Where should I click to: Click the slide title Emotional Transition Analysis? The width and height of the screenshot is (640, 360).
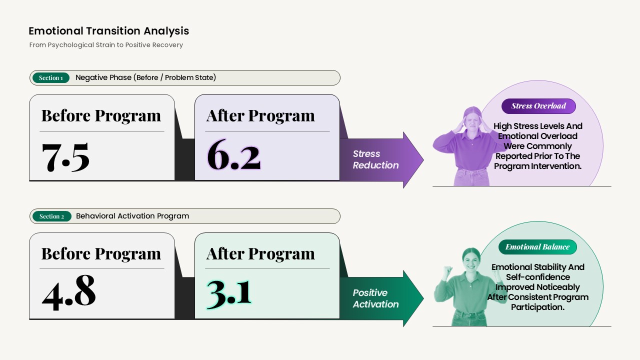click(109, 31)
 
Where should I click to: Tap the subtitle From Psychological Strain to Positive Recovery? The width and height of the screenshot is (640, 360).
click(106, 45)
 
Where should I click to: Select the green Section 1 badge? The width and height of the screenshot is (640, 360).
click(51, 77)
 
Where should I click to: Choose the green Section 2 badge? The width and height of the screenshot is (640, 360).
click(51, 216)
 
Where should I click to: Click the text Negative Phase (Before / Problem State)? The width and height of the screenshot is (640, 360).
click(145, 77)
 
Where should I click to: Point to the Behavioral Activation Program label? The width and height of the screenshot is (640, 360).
click(132, 216)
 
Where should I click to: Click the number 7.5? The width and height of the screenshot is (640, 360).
click(65, 157)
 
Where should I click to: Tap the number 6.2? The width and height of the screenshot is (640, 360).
click(233, 155)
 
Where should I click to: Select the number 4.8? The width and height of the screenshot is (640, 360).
click(69, 292)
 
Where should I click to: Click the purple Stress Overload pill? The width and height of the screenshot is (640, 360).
click(538, 106)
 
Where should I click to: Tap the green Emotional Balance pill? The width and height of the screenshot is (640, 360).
click(537, 247)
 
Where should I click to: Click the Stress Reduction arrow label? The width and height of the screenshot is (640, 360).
click(375, 159)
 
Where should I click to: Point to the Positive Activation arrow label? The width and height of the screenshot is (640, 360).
click(375, 298)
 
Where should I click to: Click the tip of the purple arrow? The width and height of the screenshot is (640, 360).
click(423, 160)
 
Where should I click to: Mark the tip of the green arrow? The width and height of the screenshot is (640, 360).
click(423, 298)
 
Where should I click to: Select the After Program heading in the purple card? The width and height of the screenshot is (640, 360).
click(260, 116)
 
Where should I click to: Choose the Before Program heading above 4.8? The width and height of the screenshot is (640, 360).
click(101, 253)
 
